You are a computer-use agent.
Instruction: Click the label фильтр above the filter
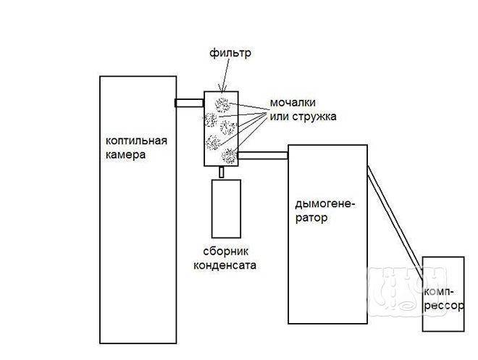(230, 53)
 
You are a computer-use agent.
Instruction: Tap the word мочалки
(293, 102)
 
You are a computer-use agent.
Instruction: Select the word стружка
(314, 117)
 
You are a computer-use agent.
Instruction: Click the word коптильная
(137, 141)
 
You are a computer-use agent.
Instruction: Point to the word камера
(125, 155)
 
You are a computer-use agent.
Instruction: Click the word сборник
(225, 251)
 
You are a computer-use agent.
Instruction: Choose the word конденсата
(225, 266)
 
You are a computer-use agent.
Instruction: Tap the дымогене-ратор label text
(325, 211)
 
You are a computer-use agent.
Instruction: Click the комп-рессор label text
(444, 298)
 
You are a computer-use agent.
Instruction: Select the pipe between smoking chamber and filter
(189, 103)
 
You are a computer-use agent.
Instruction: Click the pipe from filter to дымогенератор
(263, 156)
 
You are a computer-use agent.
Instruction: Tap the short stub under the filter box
(222, 172)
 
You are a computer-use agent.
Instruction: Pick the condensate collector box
(226, 209)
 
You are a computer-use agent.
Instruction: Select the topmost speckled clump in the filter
(222, 105)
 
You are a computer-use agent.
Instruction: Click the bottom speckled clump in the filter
(230, 156)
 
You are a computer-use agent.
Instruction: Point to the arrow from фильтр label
(225, 75)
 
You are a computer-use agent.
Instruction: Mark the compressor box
(443, 294)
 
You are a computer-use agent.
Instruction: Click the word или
(280, 117)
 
